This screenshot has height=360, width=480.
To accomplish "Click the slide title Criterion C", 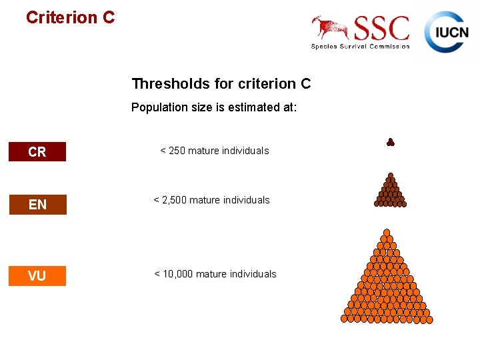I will pos(70,17).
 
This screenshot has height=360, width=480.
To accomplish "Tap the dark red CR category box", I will pos(37,152).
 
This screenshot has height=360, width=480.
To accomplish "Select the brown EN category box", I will pos(37,205).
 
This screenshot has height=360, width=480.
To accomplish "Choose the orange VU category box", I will pos(37,275).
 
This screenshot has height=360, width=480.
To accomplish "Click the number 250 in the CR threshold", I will pos(177,151).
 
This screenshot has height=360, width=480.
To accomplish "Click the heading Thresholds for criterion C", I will pos(221,84).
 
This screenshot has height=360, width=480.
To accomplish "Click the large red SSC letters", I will pos(381,29).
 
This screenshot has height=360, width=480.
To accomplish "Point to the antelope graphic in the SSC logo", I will pos(330,27).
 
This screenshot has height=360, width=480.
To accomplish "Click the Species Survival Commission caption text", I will pos(360,46).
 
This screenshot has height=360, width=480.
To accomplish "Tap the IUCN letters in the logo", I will pos(451,33).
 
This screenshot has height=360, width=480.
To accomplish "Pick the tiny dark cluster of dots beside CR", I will pos(391,141).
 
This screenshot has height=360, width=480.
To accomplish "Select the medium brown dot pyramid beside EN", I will pos(391,192).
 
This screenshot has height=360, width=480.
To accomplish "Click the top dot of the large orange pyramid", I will pos(386,233).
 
